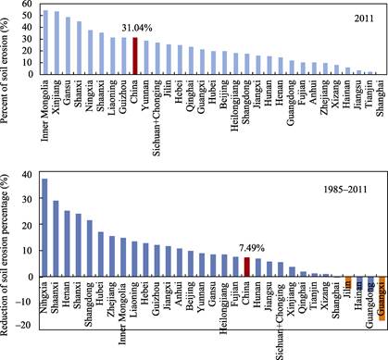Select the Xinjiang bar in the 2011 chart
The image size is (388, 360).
pos(57,43)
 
